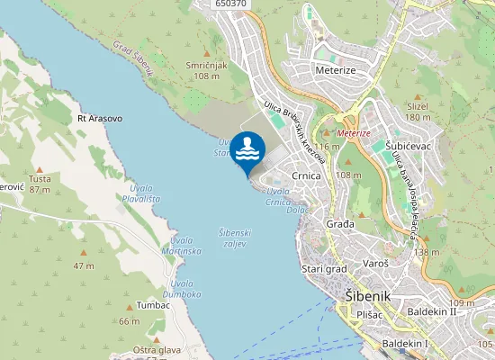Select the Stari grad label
pyautogui.click(x=323, y=268)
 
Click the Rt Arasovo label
pyautogui.click(x=100, y=118)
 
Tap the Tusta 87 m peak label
pyautogui.click(x=39, y=184)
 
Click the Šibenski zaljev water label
pyautogui.click(x=235, y=238)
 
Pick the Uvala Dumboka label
pyautogui.click(x=181, y=288)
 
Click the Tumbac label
pyautogui.click(x=154, y=305)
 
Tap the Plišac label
pyautogui.click(x=371, y=316)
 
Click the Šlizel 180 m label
pyautogui.click(x=417, y=111)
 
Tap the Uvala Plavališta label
pyautogui.click(x=141, y=191)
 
